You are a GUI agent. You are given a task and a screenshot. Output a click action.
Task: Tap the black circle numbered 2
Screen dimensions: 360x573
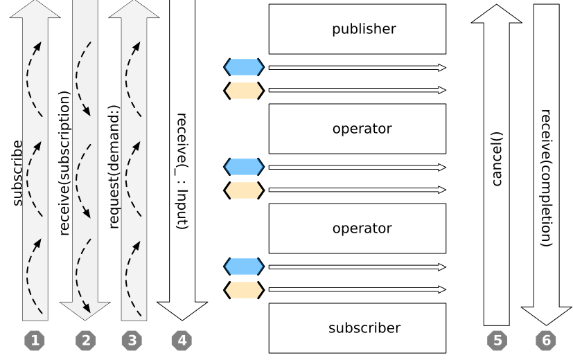(x=85, y=340)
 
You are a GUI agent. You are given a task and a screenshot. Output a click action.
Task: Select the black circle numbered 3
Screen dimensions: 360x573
(x=134, y=340)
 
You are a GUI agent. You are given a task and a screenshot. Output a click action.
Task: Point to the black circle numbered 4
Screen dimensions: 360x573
(x=182, y=340)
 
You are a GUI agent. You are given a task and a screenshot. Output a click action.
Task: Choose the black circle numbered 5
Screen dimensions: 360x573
(x=496, y=340)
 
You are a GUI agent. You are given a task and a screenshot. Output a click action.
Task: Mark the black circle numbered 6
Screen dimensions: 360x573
(x=546, y=340)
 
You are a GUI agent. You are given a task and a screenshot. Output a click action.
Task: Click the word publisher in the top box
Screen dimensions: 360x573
(x=364, y=29)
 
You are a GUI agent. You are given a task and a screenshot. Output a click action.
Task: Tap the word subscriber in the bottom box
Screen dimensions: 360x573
(x=364, y=328)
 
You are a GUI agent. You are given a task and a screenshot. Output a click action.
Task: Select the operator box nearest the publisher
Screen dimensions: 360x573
(x=358, y=129)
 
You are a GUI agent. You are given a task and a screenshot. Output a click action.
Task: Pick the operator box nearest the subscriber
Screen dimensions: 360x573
(x=358, y=228)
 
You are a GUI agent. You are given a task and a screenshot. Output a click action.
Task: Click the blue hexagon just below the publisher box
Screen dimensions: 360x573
(x=244, y=67)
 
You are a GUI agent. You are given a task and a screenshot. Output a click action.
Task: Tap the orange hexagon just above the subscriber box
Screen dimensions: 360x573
(x=244, y=289)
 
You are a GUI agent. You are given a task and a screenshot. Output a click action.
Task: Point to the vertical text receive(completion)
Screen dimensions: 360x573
(x=546, y=178)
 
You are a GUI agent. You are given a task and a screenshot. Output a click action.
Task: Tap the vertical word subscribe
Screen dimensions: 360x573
(x=17, y=173)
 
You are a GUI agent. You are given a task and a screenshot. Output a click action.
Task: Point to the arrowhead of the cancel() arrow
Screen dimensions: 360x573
(x=496, y=14)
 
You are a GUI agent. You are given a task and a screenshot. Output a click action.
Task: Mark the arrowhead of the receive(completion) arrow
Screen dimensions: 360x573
(x=546, y=316)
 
